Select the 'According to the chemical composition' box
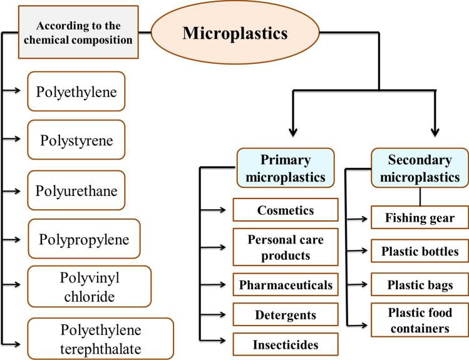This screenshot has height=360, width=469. [84, 33]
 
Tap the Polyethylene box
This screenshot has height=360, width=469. [76, 92]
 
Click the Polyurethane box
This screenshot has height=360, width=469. [76, 188]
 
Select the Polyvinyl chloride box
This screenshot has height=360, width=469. [89, 285]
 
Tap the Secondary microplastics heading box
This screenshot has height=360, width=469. [420, 168]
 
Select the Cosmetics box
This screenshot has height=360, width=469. [286, 210]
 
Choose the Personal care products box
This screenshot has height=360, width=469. [286, 247]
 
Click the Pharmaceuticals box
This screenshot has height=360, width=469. [286, 285]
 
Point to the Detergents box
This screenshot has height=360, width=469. [286, 315]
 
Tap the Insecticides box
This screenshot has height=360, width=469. [286, 344]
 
